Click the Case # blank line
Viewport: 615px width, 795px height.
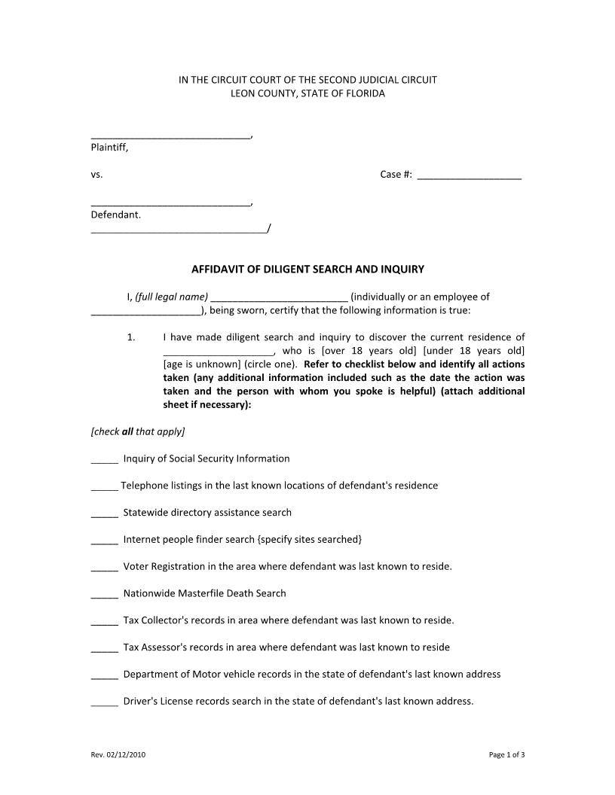(469, 176)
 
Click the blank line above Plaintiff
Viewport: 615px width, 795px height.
(170, 136)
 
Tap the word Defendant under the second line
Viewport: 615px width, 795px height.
(115, 215)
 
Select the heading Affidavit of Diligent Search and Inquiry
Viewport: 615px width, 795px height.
(307, 269)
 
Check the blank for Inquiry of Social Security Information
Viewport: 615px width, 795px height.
(104, 460)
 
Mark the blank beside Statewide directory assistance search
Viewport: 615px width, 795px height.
(104, 514)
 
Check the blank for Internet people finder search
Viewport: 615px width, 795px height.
(104, 541)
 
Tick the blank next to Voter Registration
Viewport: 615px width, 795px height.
(104, 568)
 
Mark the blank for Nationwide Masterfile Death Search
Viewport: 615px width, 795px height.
(104, 595)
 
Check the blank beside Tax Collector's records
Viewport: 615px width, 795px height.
(104, 622)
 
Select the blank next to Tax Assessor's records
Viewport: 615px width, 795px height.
(104, 649)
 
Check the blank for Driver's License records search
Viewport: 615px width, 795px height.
(104, 703)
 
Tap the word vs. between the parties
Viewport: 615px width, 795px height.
(96, 175)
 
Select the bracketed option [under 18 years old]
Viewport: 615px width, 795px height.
(473, 351)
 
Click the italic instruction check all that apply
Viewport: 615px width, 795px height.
(137, 431)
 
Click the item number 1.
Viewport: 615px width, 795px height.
(130, 337)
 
